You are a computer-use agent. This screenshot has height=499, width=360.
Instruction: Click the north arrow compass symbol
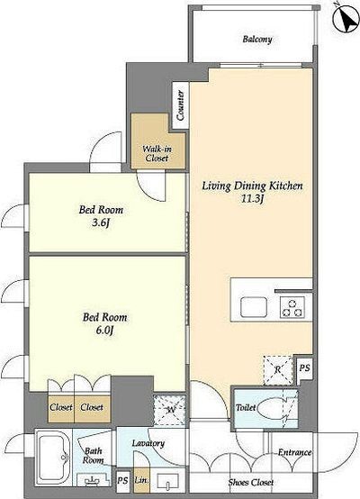point(346,19)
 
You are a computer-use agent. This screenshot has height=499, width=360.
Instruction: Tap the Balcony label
point(257,40)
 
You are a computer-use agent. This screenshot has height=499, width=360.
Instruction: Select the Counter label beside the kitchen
point(180,105)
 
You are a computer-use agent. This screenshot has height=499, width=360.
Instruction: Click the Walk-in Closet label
point(157,153)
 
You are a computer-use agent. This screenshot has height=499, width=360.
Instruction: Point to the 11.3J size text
point(253,199)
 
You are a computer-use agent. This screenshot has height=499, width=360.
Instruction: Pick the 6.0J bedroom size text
point(104,331)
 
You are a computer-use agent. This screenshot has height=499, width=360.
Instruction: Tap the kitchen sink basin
point(254,307)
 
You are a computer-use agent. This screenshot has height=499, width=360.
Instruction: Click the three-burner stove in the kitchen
point(292,307)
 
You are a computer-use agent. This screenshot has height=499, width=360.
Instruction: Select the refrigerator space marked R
point(277,370)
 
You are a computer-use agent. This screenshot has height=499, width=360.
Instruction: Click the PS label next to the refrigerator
point(304,367)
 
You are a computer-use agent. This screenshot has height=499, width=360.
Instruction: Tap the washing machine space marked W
point(169,410)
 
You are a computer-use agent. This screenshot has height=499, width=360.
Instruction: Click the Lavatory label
point(148,443)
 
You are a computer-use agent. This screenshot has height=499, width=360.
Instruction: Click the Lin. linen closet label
point(141,480)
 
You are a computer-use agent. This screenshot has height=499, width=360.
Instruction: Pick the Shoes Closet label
point(250,482)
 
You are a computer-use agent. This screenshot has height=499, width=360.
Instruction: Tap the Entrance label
point(294,452)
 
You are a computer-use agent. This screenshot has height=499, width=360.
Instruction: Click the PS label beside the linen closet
point(122,480)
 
